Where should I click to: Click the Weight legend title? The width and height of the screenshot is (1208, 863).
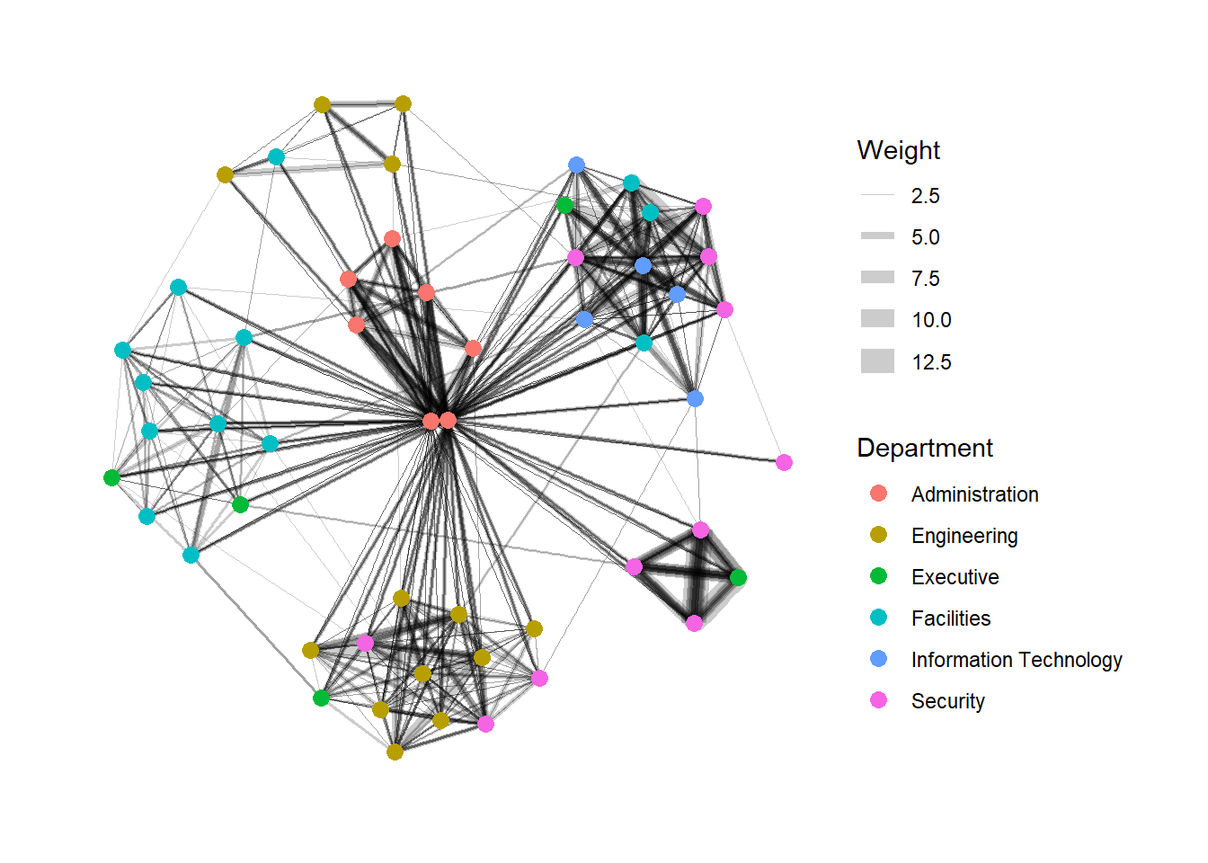tap(898, 150)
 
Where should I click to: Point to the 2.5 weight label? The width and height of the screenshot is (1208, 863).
tap(925, 196)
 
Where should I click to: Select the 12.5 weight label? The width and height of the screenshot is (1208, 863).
tap(930, 362)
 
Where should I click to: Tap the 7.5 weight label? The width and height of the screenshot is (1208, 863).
tap(925, 279)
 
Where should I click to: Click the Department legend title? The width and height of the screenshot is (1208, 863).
tap(924, 448)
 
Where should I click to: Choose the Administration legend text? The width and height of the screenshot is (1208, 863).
tap(974, 494)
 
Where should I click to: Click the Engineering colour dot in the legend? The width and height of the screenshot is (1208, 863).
tap(878, 536)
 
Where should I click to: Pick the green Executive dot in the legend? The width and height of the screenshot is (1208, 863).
tap(878, 577)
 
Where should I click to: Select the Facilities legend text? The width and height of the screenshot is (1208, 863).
tap(950, 618)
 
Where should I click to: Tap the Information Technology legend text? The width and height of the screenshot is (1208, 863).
tap(1016, 660)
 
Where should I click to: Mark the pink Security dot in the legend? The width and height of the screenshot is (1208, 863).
tap(878, 701)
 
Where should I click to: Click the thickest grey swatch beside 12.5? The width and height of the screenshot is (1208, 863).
tap(877, 361)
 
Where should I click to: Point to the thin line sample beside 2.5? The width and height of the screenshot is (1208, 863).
tap(877, 195)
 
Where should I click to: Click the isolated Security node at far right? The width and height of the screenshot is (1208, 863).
tap(784, 462)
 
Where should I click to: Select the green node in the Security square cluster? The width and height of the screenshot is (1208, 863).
tap(738, 577)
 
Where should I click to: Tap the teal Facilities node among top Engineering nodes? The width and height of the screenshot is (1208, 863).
tap(276, 157)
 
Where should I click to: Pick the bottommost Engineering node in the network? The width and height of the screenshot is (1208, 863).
tap(395, 752)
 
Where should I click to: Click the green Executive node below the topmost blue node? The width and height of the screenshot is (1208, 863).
tap(564, 205)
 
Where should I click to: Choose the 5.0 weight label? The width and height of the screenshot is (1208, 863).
tap(925, 237)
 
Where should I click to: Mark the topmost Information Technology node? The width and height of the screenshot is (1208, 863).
tap(577, 165)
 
